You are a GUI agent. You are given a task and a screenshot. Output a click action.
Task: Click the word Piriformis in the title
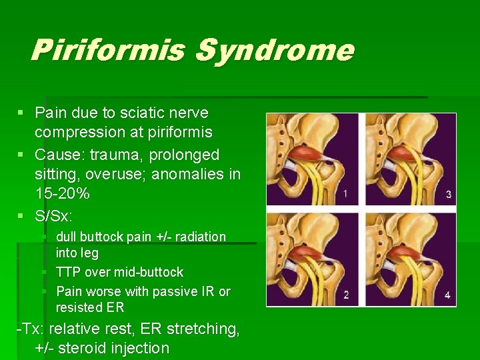(x=107, y=50)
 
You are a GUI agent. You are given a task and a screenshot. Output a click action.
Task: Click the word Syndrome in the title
(x=274, y=50)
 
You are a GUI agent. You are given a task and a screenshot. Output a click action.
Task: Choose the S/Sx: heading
(x=54, y=217)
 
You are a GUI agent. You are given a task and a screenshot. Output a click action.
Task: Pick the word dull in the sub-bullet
(x=68, y=237)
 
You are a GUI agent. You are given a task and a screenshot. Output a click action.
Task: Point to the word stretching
(x=203, y=328)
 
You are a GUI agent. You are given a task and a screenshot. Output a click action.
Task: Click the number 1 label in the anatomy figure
(x=345, y=194)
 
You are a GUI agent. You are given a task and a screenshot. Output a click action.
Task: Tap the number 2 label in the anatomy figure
(x=345, y=295)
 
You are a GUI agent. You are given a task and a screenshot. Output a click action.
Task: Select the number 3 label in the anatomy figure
(x=448, y=194)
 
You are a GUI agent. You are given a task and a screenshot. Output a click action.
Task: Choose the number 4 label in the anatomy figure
(x=447, y=295)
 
